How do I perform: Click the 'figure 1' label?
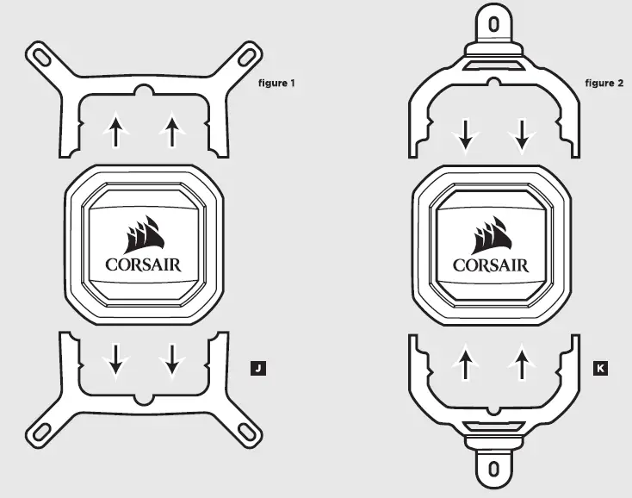click(x=276, y=84)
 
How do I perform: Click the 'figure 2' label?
click(x=604, y=84)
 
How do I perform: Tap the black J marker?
click(x=256, y=370)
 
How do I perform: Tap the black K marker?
click(x=600, y=370)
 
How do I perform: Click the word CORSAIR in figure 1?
click(x=144, y=265)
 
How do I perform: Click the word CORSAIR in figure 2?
click(x=492, y=265)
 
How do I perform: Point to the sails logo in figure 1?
click(x=144, y=233)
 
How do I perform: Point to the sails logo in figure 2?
click(x=492, y=233)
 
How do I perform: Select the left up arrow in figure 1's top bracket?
click(x=115, y=132)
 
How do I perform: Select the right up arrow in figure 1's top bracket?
click(x=172, y=132)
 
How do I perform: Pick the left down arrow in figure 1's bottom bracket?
click(x=115, y=360)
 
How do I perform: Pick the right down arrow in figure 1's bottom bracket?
click(x=172, y=360)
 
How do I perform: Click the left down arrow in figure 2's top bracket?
click(x=465, y=134)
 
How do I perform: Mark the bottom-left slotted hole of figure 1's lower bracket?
click(x=40, y=431)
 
